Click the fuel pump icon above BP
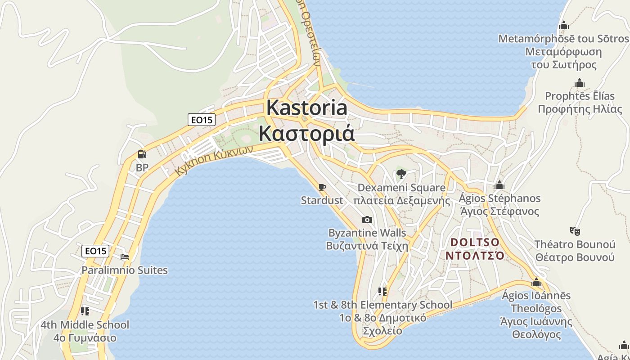[142, 154]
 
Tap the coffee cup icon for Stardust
[322, 187]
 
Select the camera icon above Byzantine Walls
[367, 220]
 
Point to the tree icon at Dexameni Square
[401, 174]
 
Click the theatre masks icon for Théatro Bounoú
[575, 231]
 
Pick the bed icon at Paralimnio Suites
[125, 257]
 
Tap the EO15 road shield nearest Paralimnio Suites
[95, 251]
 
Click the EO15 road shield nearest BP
[202, 120]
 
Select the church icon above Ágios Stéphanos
[499, 185]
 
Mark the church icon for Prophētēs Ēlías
[580, 83]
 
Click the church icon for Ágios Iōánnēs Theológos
[536, 283]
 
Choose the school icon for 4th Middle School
[85, 311]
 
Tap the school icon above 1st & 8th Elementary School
[382, 292]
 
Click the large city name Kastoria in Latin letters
[306, 108]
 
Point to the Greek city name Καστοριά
[306, 134]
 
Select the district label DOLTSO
[475, 243]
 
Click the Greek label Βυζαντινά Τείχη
[367, 246]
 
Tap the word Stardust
[322, 200]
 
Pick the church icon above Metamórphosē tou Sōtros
[563, 26]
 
